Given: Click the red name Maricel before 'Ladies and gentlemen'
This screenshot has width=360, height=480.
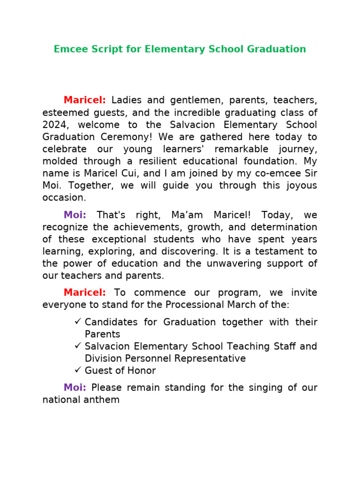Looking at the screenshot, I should (x=84, y=100).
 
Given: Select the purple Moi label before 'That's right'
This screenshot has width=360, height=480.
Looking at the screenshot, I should (x=75, y=215).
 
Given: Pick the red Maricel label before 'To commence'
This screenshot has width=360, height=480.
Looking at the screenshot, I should (x=84, y=293).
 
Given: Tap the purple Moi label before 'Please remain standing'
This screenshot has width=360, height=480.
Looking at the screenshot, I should (x=75, y=388).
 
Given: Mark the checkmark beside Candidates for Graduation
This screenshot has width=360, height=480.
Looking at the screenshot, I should (x=78, y=322).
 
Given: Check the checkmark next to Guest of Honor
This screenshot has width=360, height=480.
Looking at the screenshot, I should (x=78, y=370).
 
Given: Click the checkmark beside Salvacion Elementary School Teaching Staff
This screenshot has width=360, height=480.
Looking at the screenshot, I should (x=78, y=346).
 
